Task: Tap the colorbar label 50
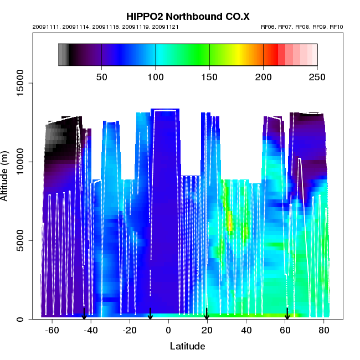tap(102, 76)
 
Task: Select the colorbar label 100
tap(156, 76)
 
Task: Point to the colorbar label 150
tap(209, 76)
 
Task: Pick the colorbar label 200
tap(263, 76)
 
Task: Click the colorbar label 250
tap(317, 76)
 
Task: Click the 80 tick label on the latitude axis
tap(324, 331)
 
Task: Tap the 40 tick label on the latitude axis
tap(246, 331)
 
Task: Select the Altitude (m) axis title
tap(6, 174)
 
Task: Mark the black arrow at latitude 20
tap(207, 314)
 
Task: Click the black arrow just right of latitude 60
tap(287, 314)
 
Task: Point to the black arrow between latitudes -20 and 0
tap(150, 314)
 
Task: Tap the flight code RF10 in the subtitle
tap(336, 27)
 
